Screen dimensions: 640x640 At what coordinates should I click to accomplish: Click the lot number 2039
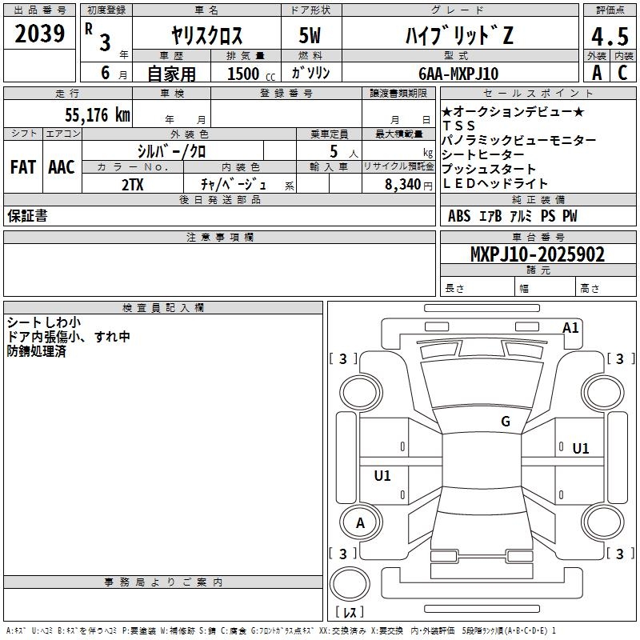pos(40,34)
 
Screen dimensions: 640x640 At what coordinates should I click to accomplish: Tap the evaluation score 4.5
pos(609,37)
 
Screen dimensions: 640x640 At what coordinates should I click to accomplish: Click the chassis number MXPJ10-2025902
pos(537,255)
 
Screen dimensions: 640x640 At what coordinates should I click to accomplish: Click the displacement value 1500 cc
pos(249,74)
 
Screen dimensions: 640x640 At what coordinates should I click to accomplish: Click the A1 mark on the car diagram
pos(570,328)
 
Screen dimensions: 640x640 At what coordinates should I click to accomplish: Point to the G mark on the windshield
pos(505,421)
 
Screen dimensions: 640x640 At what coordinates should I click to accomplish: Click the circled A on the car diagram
pos(360,523)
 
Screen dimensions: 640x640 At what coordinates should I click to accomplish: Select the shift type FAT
pos(22,166)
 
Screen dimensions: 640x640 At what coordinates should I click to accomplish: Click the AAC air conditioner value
pos(61,166)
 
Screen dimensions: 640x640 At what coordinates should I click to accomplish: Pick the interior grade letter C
pos(622,74)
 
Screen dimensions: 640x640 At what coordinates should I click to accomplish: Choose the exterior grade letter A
pos(596,74)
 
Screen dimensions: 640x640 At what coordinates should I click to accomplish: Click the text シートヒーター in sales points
pos(483,154)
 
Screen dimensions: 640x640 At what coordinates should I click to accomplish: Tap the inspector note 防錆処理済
pos(36,351)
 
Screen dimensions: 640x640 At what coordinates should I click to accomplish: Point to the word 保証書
pos(27,216)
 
